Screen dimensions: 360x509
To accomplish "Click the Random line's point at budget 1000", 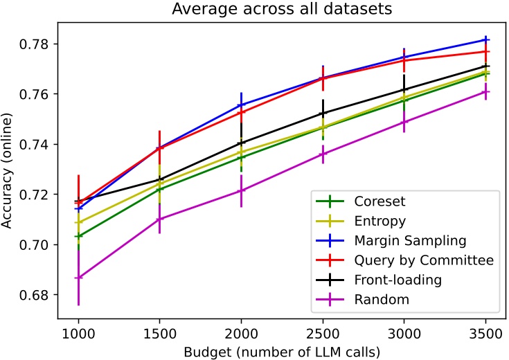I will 78,278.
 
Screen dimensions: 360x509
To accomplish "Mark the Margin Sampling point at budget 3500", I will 485,39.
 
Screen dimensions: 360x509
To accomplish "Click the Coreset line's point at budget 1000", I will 78,236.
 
